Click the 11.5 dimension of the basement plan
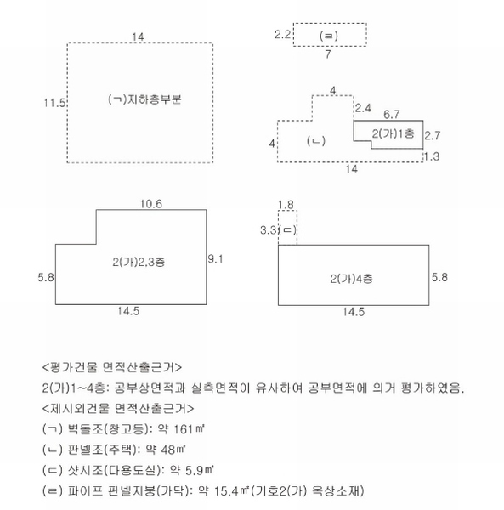click(55, 103)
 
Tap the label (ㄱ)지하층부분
click(144, 99)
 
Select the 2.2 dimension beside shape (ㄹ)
click(282, 35)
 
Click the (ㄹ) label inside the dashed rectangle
click(329, 36)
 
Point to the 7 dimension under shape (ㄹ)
click(328, 54)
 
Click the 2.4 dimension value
click(363, 108)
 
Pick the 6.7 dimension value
click(392, 114)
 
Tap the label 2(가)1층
click(394, 133)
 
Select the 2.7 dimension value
click(433, 135)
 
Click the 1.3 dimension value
click(432, 156)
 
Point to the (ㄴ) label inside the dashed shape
click(316, 141)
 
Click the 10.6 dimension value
click(151, 204)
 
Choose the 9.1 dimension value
click(215, 259)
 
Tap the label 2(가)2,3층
click(139, 262)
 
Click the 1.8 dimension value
click(286, 205)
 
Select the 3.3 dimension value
click(269, 230)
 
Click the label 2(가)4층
click(352, 279)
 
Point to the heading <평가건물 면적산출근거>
click(112, 367)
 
